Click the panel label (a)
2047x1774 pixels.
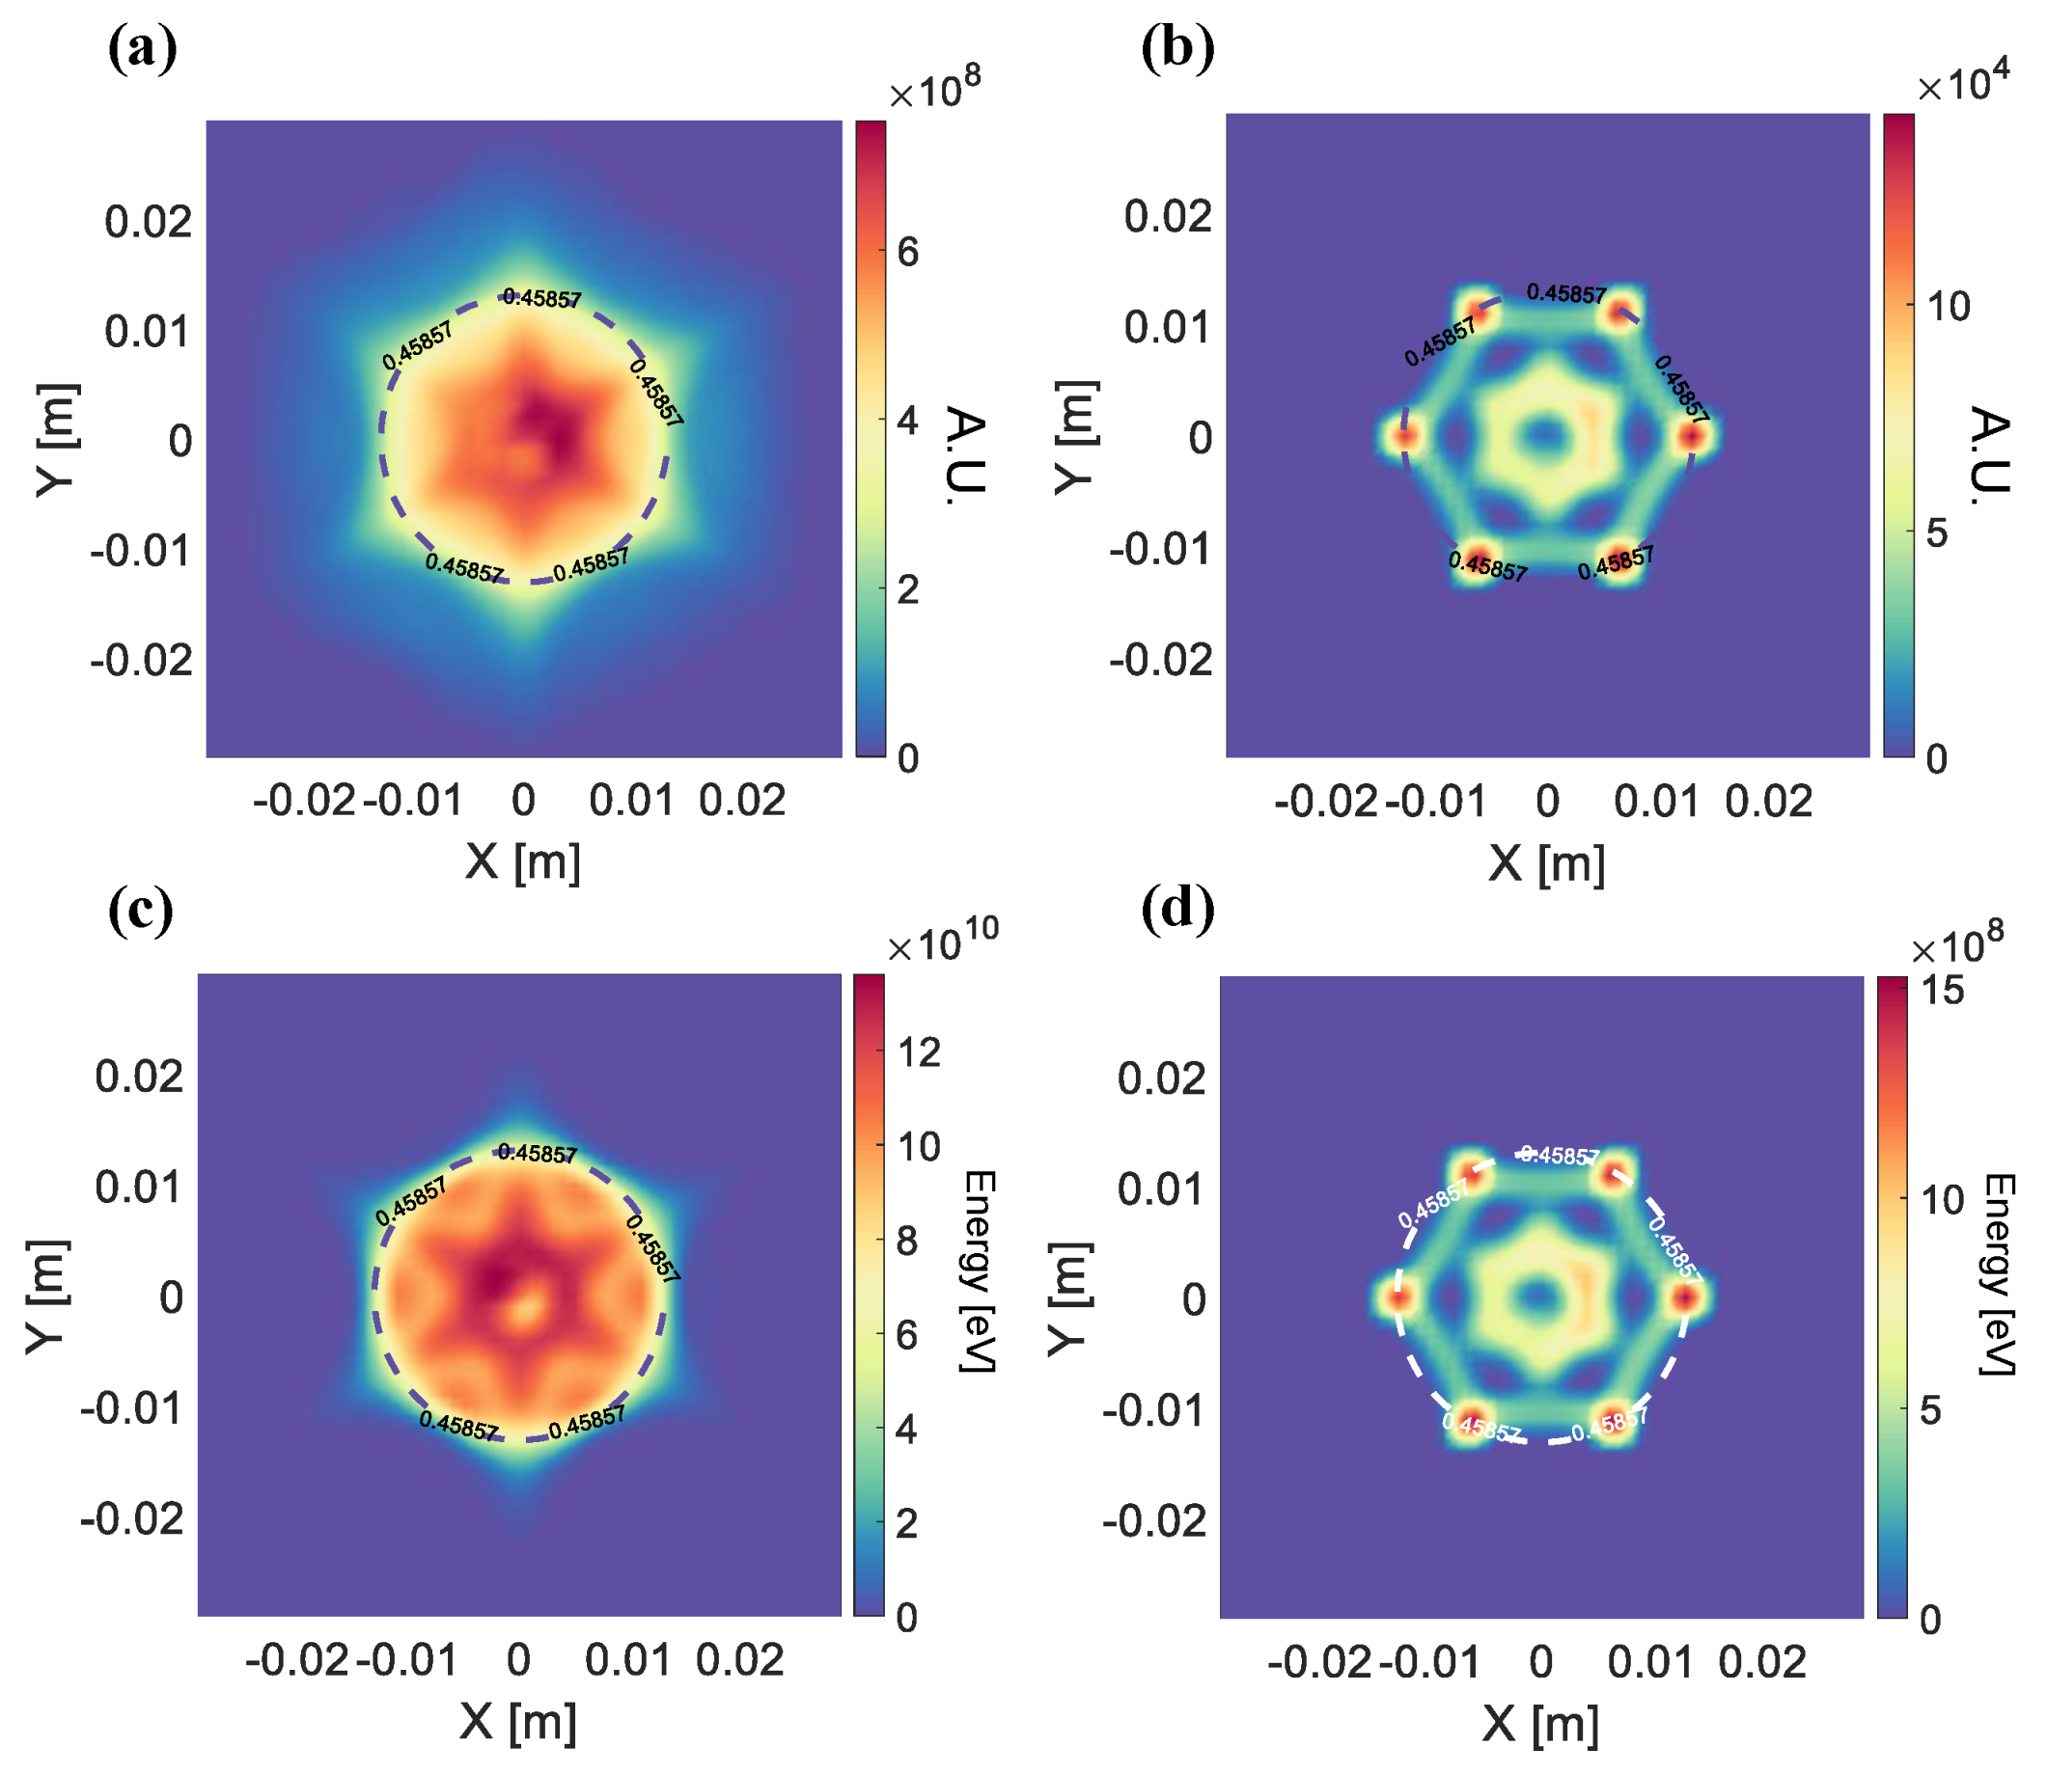[x=143, y=47]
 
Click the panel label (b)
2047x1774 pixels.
[x=1177, y=47]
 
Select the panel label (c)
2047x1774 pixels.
[x=141, y=909]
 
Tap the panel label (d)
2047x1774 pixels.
[x=1177, y=909]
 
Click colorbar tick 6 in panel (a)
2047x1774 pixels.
[x=908, y=254]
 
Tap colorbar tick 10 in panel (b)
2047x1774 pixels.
[x=1948, y=308]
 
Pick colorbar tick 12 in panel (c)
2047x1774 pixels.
[x=918, y=1054]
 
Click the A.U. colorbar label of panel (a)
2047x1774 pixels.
[x=966, y=455]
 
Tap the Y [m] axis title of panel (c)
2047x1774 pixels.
[x=47, y=1296]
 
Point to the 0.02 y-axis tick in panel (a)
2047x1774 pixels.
[x=149, y=223]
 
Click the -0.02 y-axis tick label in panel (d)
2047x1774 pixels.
[x=1154, y=1521]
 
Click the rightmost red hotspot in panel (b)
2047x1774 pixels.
[x=1692, y=437]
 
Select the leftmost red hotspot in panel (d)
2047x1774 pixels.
[x=1397, y=1297]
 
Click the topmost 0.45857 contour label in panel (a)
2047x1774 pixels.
[x=541, y=298]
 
